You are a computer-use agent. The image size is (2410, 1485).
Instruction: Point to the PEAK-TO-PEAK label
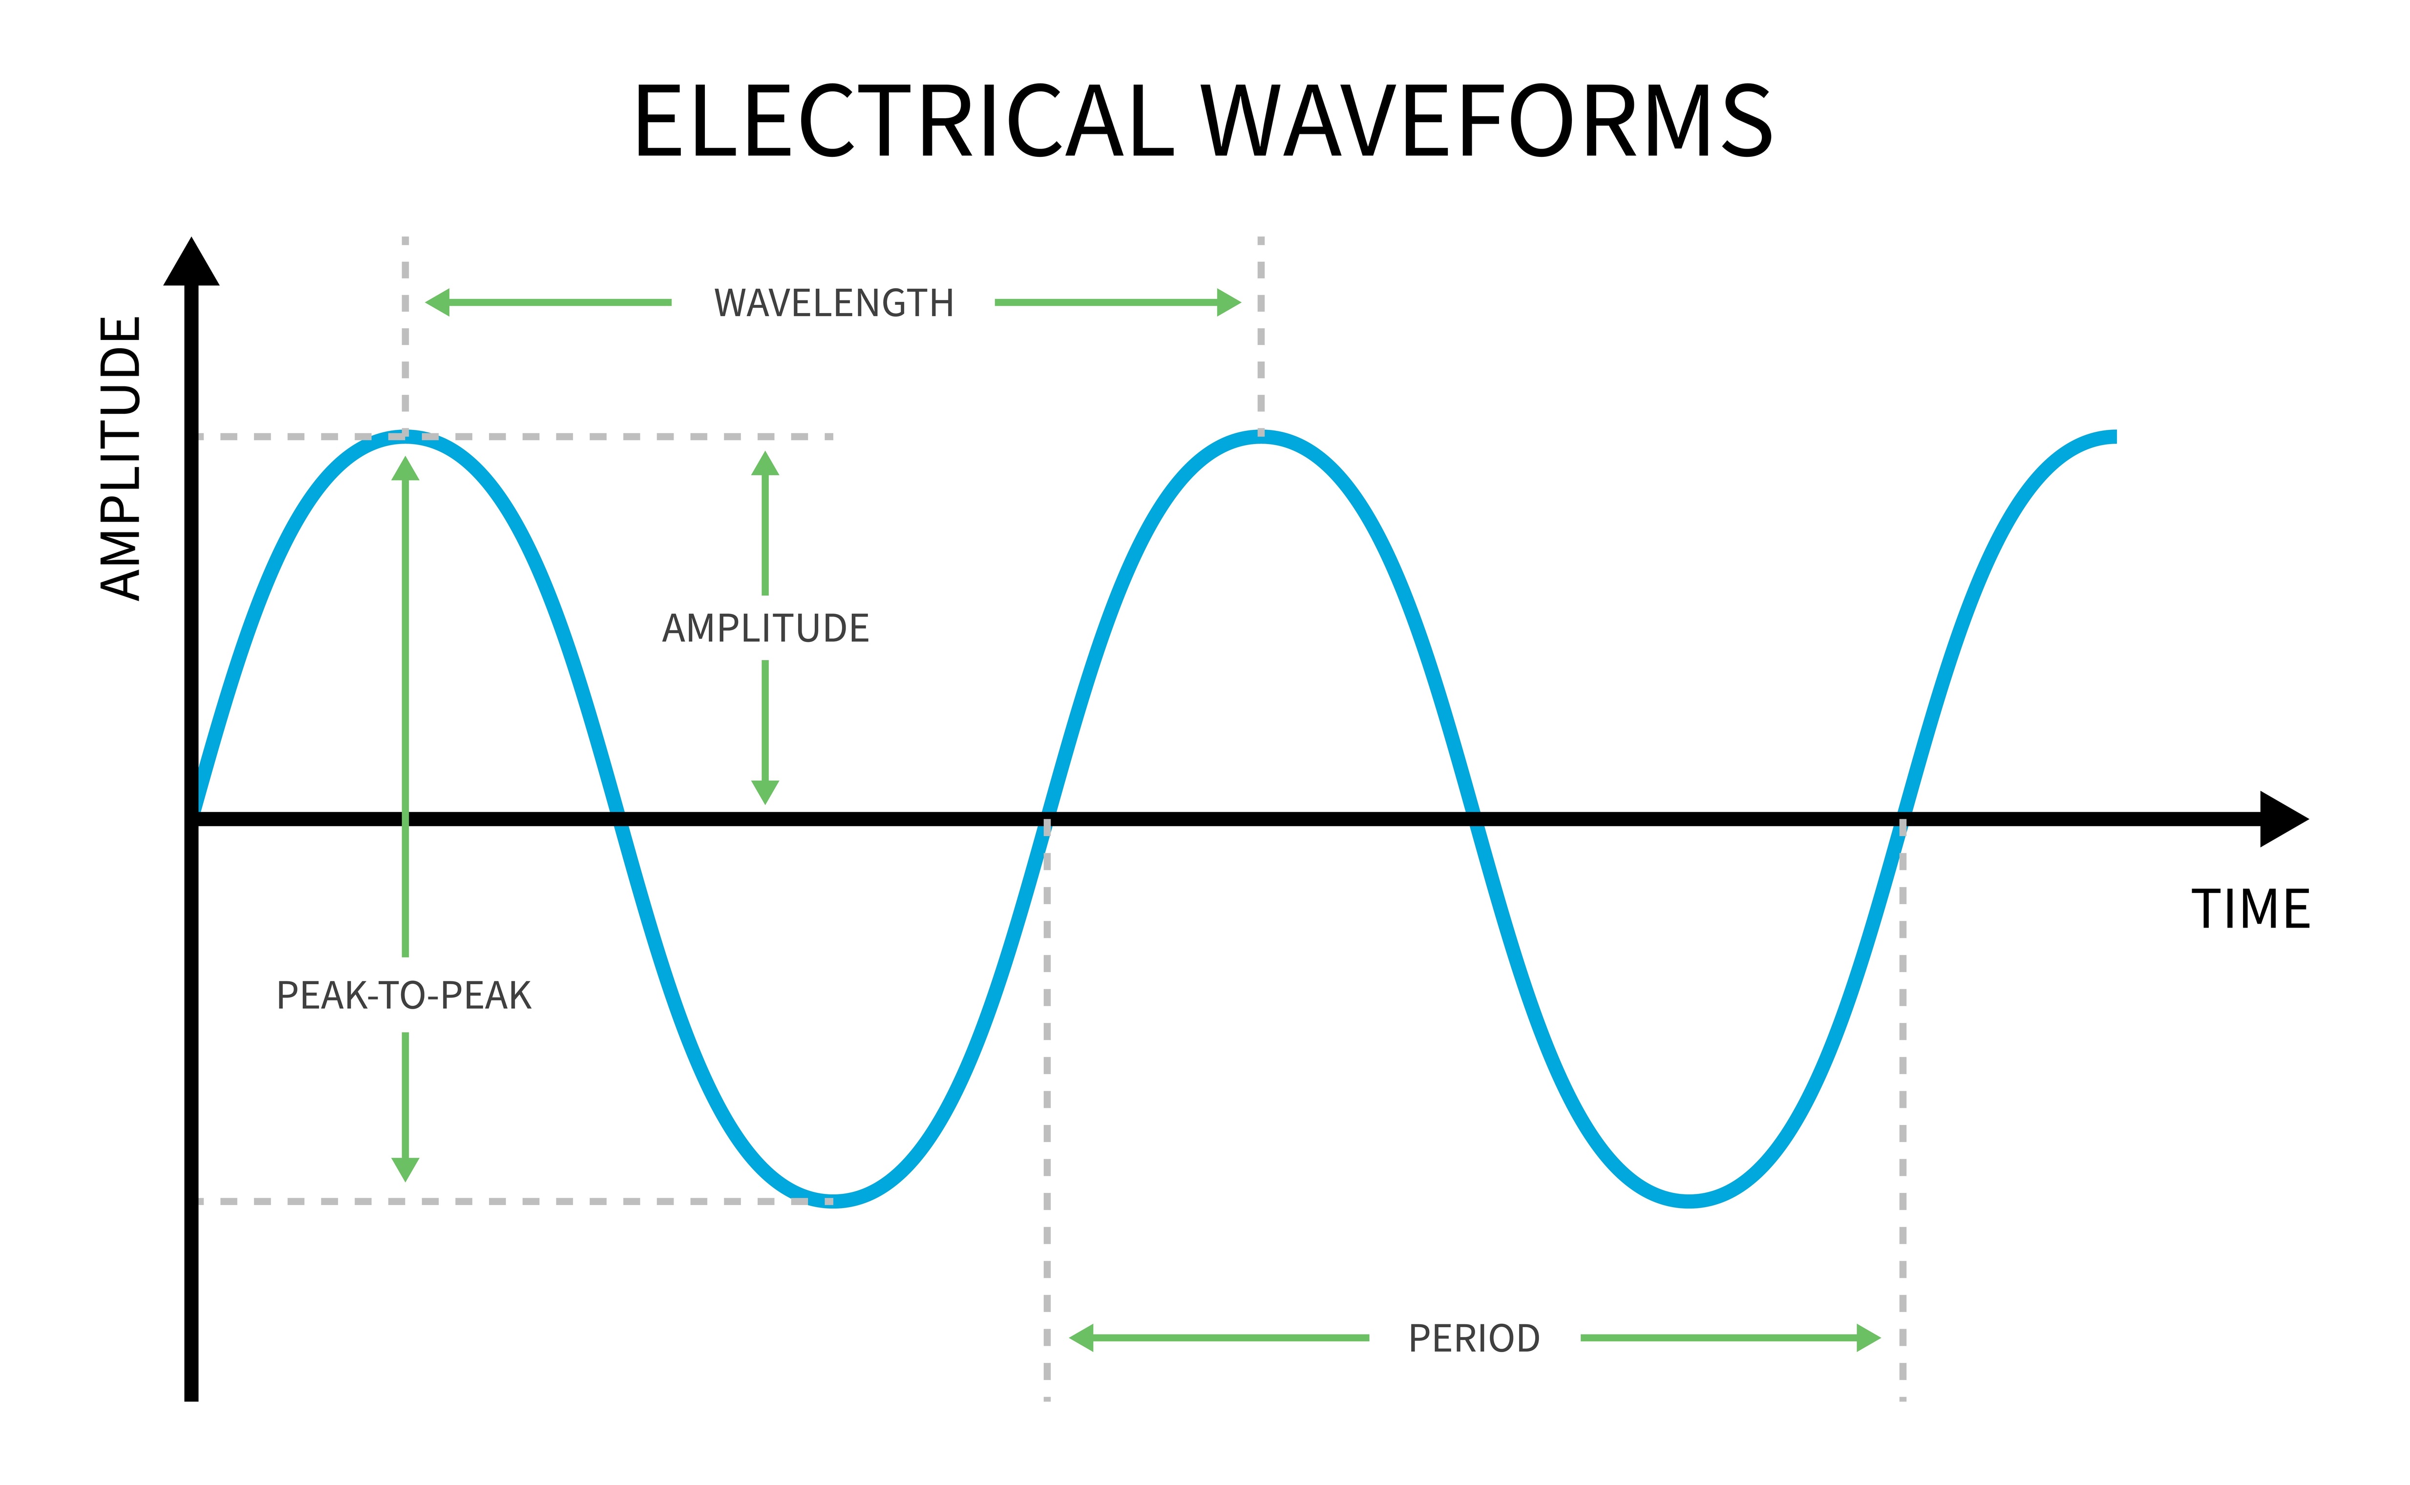[x=403, y=996]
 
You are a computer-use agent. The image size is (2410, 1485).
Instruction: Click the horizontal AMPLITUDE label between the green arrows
[x=765, y=629]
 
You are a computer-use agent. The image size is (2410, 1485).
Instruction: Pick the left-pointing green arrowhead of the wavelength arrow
[x=438, y=302]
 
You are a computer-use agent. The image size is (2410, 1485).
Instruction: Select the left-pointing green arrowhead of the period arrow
[x=1082, y=1337]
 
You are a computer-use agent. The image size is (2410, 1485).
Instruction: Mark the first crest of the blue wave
[x=405, y=437]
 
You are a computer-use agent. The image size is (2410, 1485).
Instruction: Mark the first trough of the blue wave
[x=833, y=1200]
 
